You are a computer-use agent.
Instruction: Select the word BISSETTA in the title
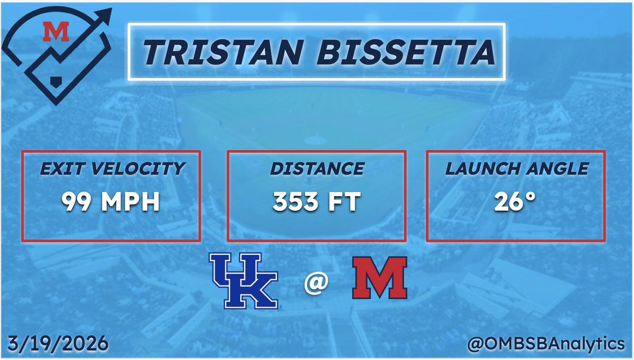[394, 52]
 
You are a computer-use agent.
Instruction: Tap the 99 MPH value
[110, 202]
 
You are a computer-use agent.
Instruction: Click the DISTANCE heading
[316, 169]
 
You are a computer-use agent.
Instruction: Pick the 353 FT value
[316, 202]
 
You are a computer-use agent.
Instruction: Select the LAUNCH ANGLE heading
[516, 169]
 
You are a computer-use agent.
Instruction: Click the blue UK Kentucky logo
[244, 280]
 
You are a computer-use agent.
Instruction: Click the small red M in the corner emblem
[56, 33]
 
